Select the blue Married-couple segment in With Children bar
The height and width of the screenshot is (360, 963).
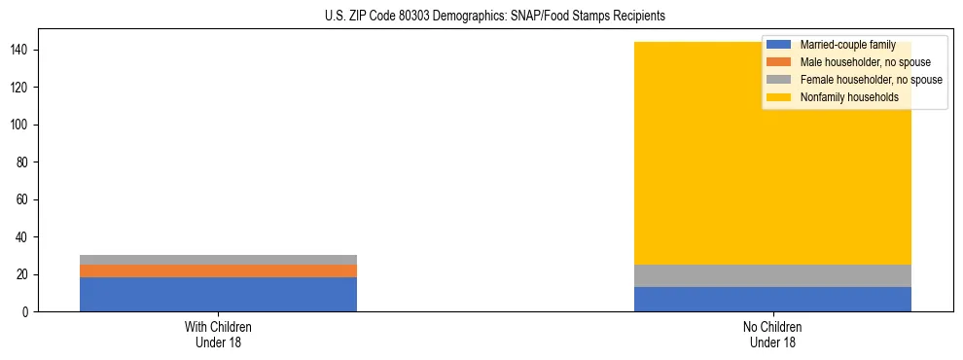coord(218,294)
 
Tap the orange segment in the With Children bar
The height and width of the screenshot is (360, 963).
coord(218,270)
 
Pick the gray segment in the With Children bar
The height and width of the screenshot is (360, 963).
coord(218,260)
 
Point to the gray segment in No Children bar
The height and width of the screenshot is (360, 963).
coord(772,275)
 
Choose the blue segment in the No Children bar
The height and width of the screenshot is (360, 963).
coord(772,299)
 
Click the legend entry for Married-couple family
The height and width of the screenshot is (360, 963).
coord(847,45)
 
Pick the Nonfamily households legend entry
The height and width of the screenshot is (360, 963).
coord(842,97)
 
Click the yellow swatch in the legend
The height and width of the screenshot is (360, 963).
coord(779,97)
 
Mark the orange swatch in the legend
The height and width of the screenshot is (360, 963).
coord(779,62)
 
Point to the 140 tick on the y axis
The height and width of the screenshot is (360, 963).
coord(28,50)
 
